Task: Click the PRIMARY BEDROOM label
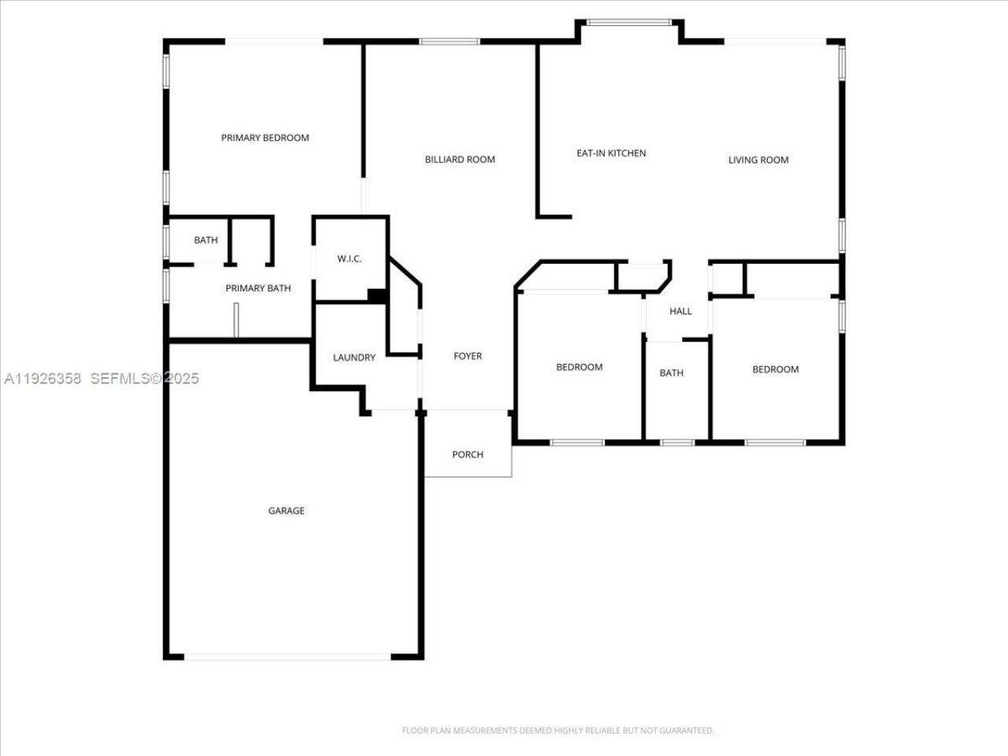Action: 265,138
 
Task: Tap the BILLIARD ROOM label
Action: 460,159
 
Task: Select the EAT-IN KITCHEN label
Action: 611,154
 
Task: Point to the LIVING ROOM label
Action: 758,160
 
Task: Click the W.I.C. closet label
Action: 350,259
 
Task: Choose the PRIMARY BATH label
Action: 258,288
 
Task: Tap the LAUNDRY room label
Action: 354,358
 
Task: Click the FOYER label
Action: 468,356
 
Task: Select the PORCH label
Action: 468,454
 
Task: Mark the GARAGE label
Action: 286,511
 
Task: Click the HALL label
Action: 680,311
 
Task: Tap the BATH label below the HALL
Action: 671,373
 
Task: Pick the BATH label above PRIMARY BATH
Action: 206,240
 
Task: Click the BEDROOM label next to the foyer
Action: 580,367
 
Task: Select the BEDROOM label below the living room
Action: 775,369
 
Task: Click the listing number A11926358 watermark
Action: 43,379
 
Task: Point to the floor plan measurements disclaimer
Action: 558,731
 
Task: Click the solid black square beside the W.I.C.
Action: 377,296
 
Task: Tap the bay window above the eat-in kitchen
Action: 630,23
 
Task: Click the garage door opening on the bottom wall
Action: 287,655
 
